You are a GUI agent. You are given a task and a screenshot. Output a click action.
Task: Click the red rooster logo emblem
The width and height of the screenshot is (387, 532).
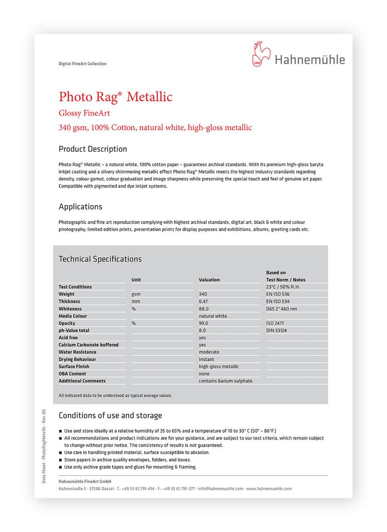pyautogui.click(x=261, y=55)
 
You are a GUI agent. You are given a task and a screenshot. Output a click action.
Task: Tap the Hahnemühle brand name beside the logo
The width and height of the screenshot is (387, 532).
pyautogui.click(x=310, y=60)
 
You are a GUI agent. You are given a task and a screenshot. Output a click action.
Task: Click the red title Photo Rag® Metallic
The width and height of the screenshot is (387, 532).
pyautogui.click(x=116, y=96)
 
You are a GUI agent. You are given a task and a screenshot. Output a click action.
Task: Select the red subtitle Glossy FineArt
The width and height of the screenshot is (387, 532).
pyautogui.click(x=84, y=113)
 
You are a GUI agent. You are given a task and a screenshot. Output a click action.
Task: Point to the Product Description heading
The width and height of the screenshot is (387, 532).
pyautogui.click(x=93, y=149)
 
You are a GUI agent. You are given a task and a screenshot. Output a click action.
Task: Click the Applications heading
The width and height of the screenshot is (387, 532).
pyautogui.click(x=80, y=207)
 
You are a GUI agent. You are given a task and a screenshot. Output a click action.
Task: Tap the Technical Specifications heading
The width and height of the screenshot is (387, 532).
pyautogui.click(x=100, y=259)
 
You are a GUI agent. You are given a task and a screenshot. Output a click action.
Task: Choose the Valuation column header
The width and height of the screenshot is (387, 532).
pyautogui.click(x=209, y=280)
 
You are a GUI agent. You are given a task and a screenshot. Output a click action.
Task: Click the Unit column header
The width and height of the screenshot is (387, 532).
pyautogui.click(x=136, y=280)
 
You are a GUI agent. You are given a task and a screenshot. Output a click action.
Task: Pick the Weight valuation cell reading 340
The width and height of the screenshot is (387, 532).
pyautogui.click(x=203, y=294)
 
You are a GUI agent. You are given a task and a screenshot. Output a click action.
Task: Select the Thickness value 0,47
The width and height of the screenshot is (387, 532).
pyautogui.click(x=203, y=301)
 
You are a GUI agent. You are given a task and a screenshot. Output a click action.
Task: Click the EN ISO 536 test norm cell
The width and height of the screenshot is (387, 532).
pyautogui.click(x=278, y=294)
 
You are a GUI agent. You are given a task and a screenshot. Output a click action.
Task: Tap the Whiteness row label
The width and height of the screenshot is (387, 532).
pyautogui.click(x=70, y=309)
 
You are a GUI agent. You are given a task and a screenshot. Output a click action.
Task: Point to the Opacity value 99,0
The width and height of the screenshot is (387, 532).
pyautogui.click(x=203, y=324)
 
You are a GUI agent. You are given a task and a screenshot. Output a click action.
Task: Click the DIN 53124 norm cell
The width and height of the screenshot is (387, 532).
pyautogui.click(x=276, y=331)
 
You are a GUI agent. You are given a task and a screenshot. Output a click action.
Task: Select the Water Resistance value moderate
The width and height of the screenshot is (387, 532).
pyautogui.click(x=209, y=352)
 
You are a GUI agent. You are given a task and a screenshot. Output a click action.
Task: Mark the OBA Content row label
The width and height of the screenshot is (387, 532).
pyautogui.click(x=72, y=374)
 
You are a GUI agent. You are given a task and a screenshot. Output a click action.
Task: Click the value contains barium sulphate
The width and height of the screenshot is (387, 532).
pyautogui.click(x=226, y=381)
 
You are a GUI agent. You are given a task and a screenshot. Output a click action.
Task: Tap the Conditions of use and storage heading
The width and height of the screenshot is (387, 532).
pyautogui.click(x=111, y=415)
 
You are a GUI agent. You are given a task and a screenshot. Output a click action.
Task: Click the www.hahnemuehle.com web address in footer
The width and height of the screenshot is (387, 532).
pyautogui.click(x=269, y=488)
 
